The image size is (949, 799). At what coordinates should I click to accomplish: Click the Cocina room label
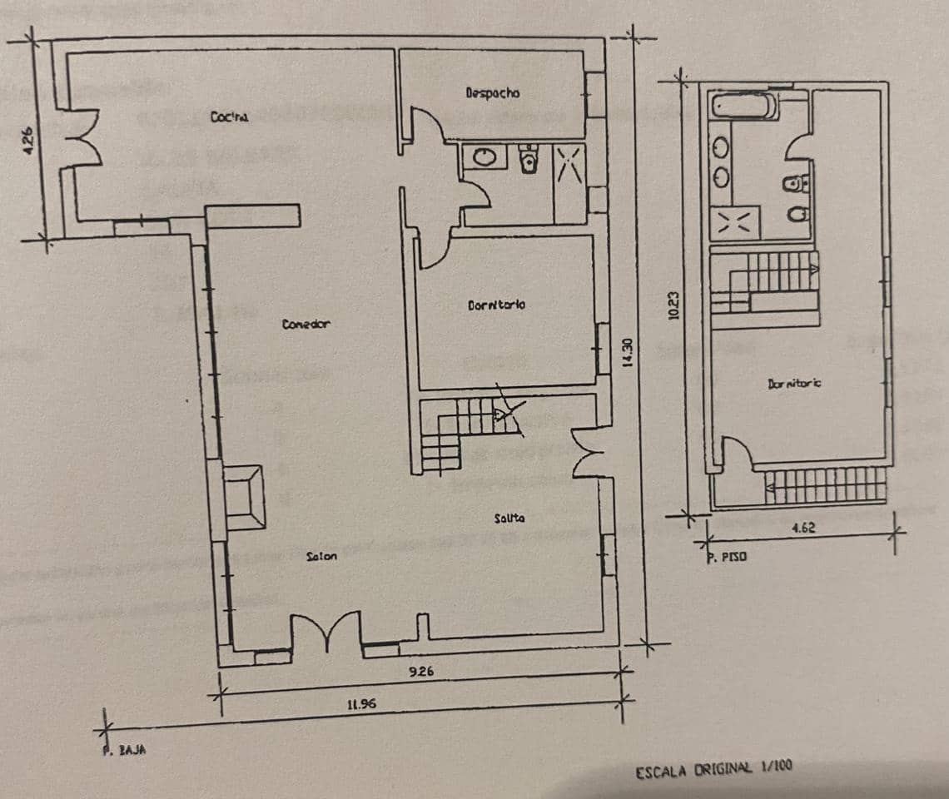click(x=229, y=117)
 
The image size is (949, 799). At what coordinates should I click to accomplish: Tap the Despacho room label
click(x=493, y=93)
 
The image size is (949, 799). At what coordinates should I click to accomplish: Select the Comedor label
click(x=306, y=324)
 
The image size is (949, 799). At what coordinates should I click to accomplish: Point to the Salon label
click(x=321, y=556)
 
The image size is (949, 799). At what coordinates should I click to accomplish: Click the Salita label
click(x=509, y=518)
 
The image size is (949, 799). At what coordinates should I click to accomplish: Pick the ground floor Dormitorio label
click(x=496, y=305)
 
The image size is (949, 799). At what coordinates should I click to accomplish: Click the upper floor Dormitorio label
click(x=794, y=384)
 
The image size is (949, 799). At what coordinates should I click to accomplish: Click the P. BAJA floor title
click(x=120, y=749)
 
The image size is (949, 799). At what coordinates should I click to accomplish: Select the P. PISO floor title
click(x=727, y=558)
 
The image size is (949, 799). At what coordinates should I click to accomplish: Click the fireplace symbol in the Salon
click(x=244, y=498)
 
